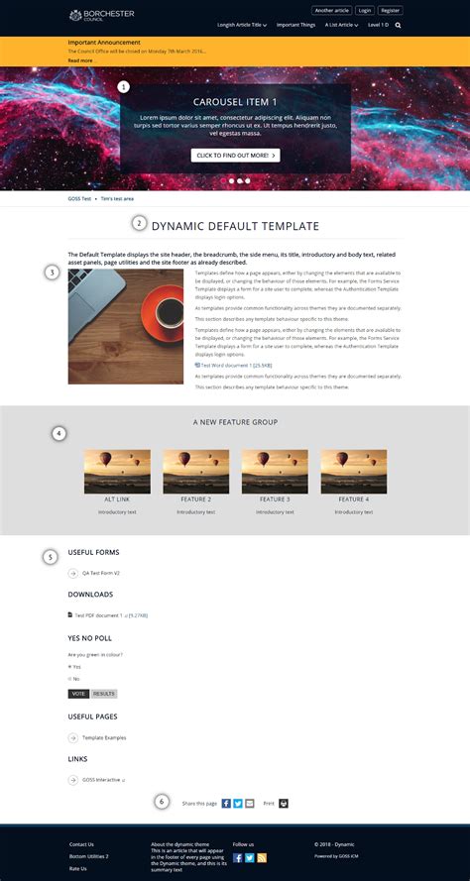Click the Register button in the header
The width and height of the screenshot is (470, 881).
click(x=391, y=10)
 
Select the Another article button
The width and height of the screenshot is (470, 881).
click(x=331, y=10)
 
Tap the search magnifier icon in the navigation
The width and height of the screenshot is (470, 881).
click(x=399, y=25)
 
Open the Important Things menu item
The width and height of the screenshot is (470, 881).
click(x=295, y=25)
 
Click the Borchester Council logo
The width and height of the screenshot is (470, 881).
click(x=101, y=15)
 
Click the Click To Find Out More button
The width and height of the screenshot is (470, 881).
click(x=235, y=156)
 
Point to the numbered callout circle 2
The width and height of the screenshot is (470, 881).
click(x=140, y=224)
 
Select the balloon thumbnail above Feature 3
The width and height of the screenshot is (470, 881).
click(x=275, y=471)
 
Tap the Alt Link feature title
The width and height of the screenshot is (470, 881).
click(x=117, y=499)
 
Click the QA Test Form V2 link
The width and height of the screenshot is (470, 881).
click(x=101, y=573)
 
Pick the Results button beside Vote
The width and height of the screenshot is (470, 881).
click(x=104, y=694)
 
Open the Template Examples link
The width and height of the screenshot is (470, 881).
click(x=104, y=737)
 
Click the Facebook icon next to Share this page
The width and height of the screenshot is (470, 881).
click(x=226, y=803)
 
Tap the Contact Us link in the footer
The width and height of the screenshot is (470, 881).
click(x=81, y=844)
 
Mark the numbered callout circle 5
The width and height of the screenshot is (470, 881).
click(x=51, y=558)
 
